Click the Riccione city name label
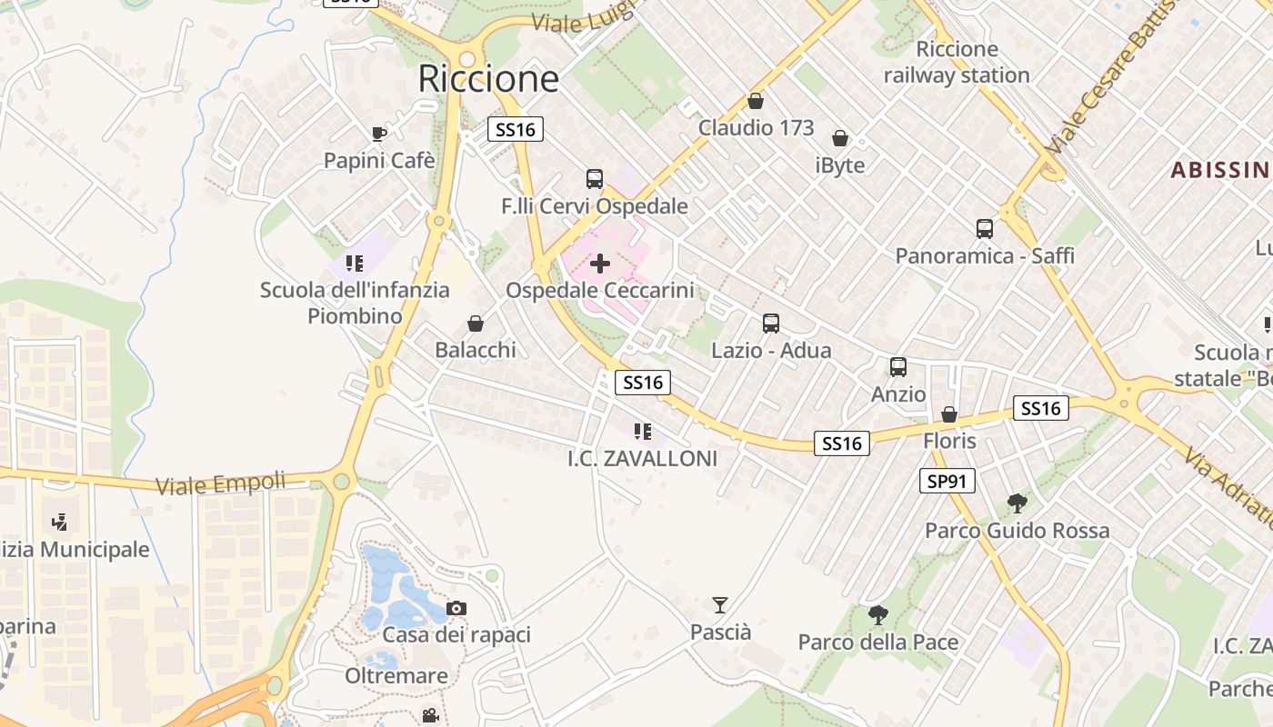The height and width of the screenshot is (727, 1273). (x=488, y=79)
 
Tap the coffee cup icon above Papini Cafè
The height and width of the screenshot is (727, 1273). (x=379, y=134)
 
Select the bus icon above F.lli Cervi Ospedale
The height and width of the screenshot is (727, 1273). (x=595, y=179)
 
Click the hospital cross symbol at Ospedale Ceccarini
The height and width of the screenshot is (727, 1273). (x=600, y=264)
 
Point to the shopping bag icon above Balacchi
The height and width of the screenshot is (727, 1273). (x=475, y=324)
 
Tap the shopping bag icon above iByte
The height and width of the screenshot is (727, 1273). (x=840, y=138)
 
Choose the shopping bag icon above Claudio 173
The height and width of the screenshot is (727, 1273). (x=755, y=101)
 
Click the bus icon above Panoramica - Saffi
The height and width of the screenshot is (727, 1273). (x=985, y=229)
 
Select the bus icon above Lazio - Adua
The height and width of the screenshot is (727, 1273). (x=771, y=324)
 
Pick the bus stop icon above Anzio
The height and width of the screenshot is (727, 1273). (x=898, y=367)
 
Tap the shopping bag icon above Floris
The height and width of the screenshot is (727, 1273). (x=949, y=414)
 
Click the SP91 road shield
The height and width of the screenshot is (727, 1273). (x=947, y=481)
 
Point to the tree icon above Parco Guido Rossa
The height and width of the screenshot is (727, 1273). (x=1017, y=503)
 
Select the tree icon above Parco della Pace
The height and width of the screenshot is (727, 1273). (x=877, y=615)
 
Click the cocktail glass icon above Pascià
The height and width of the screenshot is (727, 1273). (x=720, y=604)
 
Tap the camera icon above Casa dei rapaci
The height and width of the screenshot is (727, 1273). (x=456, y=608)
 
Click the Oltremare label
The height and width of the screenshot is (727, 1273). (x=396, y=676)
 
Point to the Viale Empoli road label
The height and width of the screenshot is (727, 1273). (x=221, y=483)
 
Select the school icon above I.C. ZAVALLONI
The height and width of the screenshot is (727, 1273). (x=643, y=432)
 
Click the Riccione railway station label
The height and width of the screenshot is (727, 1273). (x=957, y=62)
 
